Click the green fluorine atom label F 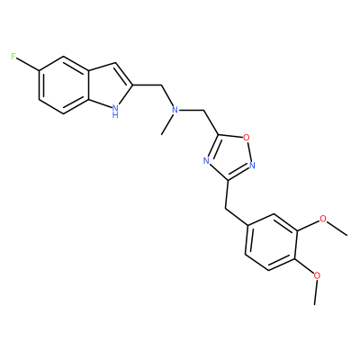pyautogui.click(x=13, y=56)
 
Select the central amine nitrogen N pyautogui.click(x=175, y=110)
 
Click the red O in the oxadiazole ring pyautogui.click(x=247, y=138)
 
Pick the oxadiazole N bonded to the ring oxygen pyautogui.click(x=252, y=165)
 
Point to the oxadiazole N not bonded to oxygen pyautogui.click(x=206, y=161)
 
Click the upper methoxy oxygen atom pyautogui.click(x=323, y=219)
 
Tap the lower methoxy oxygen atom pyautogui.click(x=317, y=274)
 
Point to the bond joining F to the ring pyautogui.click(x=28, y=64)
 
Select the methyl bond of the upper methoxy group pyautogui.click(x=337, y=229)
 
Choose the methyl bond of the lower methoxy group pyautogui.click(x=315, y=292)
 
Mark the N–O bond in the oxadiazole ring pyautogui.click(x=249, y=151)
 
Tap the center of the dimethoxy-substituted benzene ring pyautogui.click(x=272, y=242)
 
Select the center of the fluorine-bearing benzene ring pyautogui.click(x=64, y=85)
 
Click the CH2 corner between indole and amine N pyautogui.click(x=161, y=86)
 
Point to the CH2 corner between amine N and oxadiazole pyautogui.click(x=204, y=111)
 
